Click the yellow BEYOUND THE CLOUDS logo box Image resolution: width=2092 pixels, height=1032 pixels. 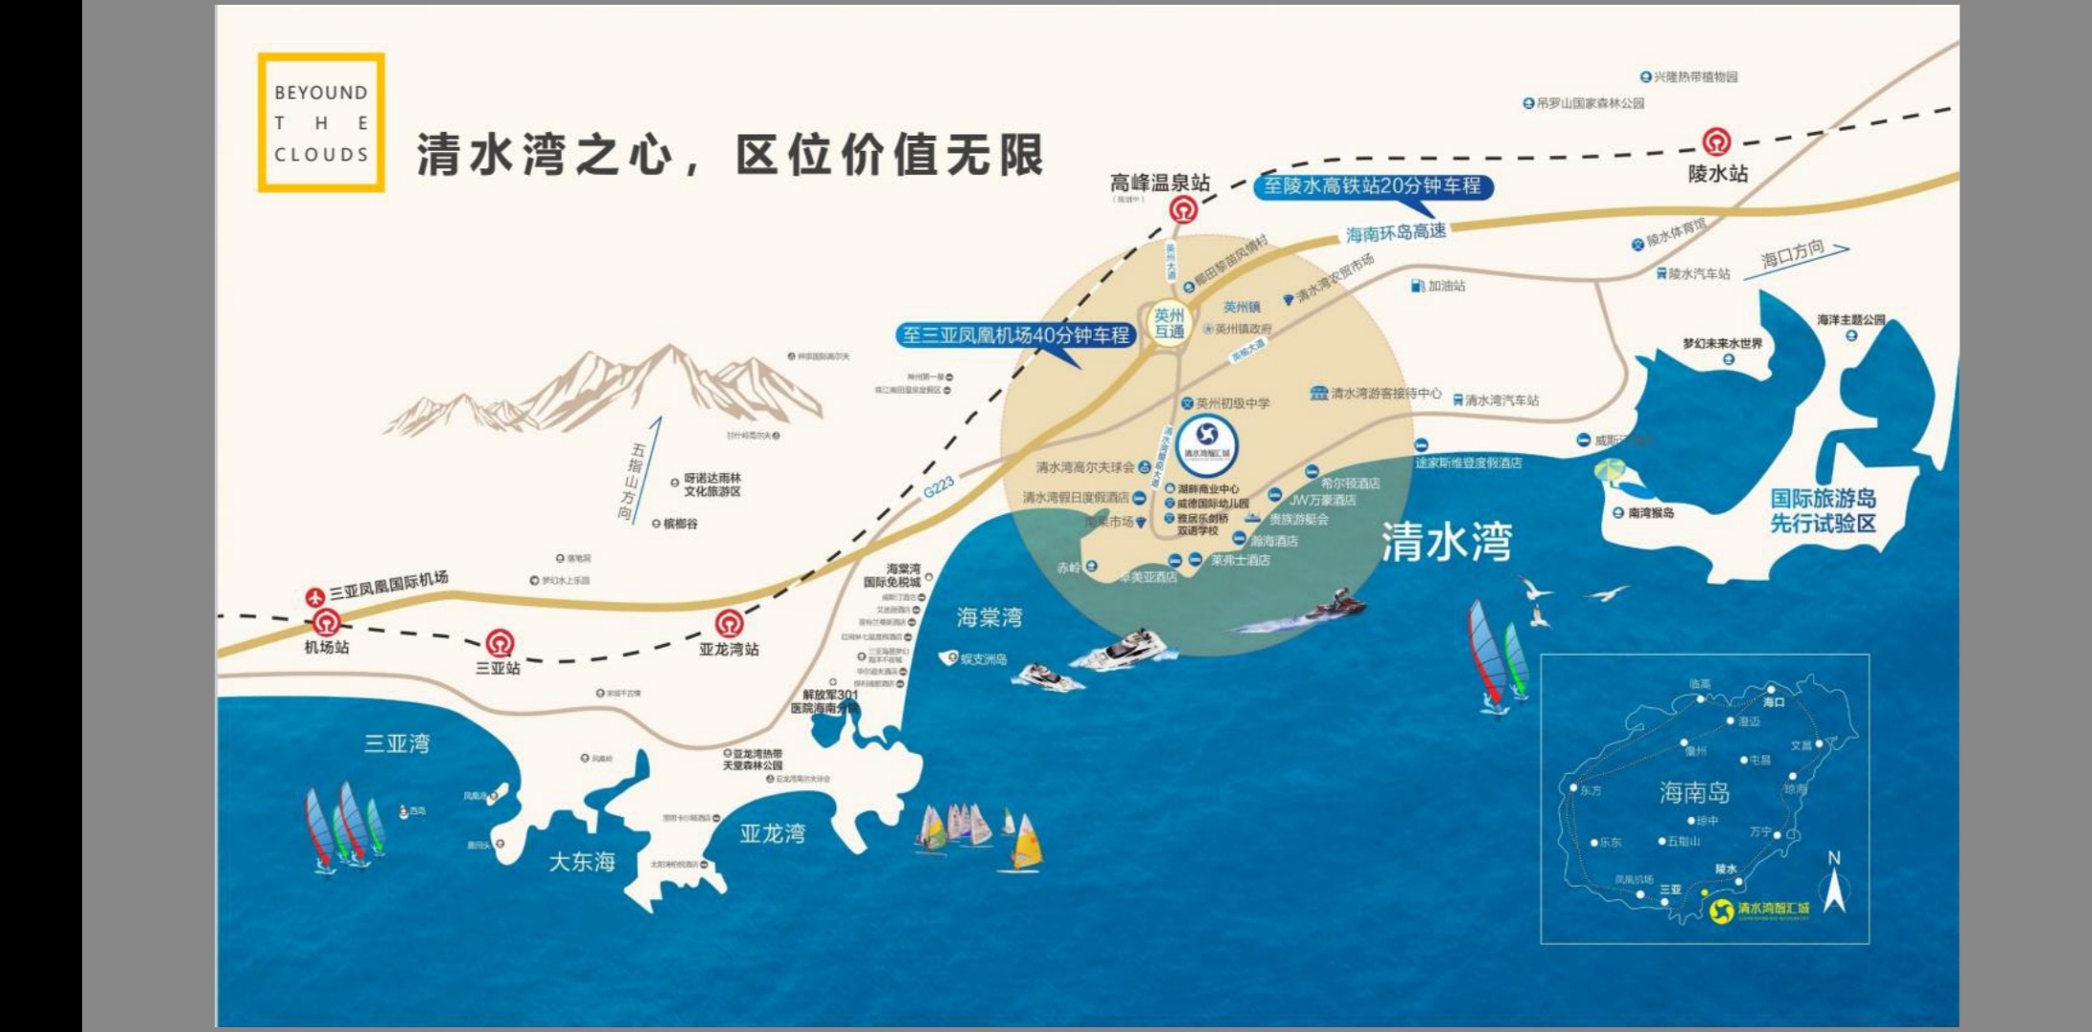coord(321,122)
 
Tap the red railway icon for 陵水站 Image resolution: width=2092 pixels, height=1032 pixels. coord(1717,142)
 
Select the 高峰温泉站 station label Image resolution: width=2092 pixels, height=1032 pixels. coord(1159,182)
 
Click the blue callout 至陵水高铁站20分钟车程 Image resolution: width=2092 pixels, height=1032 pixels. coord(1373,186)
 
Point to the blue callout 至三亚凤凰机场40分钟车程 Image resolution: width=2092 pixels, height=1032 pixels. coord(1015,335)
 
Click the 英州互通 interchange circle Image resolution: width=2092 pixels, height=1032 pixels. coord(1169,323)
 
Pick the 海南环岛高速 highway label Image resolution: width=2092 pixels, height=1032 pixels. coord(1396,232)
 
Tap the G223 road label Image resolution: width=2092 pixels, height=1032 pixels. coord(938,487)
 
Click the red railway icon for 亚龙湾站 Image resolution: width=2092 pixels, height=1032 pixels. coord(729,624)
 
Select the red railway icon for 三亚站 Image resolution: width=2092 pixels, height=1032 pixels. coord(499,642)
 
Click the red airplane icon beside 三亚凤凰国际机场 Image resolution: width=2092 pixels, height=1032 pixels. coord(315,597)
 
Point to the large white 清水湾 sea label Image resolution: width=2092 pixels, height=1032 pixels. coord(1446,542)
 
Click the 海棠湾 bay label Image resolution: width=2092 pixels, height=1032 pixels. coord(989,617)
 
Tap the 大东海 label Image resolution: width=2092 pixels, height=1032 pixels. coord(582,862)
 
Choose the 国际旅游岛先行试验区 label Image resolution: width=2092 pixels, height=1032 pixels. coord(1823,510)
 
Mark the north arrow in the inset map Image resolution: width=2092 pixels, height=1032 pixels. coord(1834,884)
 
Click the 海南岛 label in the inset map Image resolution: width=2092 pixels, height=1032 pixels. coord(1694,792)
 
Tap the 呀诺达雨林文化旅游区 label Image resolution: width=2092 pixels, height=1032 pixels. coord(712,484)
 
